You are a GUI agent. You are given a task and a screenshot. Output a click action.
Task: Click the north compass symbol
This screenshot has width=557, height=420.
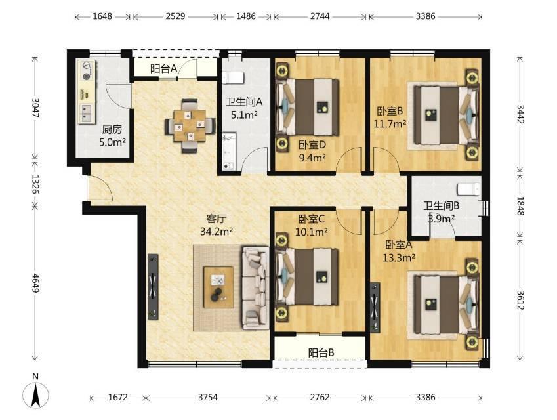click(x=35, y=391)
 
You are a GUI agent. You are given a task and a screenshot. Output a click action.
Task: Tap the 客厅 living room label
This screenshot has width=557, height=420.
click(x=217, y=219)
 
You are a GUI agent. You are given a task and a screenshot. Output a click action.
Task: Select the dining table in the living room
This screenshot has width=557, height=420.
click(x=190, y=126)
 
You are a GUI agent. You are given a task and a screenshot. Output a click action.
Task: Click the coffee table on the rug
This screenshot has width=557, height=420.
click(x=218, y=287)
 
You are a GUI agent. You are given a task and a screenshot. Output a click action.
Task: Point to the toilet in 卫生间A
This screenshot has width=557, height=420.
click(x=234, y=77)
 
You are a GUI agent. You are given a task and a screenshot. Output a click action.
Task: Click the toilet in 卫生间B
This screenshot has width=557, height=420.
click(x=468, y=190)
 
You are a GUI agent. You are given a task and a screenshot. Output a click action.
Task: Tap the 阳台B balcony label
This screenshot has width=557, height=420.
click(x=321, y=353)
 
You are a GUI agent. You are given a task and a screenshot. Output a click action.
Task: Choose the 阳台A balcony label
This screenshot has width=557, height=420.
click(x=163, y=69)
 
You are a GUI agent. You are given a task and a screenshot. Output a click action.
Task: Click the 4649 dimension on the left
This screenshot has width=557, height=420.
click(x=35, y=283)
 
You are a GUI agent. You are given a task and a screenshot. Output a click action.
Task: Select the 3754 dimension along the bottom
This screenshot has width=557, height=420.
click(x=207, y=397)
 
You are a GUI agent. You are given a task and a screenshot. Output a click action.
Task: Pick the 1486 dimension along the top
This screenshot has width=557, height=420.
click(x=246, y=16)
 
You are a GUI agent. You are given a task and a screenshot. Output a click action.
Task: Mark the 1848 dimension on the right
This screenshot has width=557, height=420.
click(x=520, y=206)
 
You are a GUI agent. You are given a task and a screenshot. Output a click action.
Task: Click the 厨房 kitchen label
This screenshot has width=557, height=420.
click(x=112, y=129)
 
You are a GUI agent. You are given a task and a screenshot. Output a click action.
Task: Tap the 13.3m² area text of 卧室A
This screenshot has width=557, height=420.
click(x=399, y=258)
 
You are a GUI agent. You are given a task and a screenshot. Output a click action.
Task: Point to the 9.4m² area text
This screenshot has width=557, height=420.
click(x=312, y=157)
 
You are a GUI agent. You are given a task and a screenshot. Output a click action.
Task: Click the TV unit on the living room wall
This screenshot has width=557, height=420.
click(x=153, y=287)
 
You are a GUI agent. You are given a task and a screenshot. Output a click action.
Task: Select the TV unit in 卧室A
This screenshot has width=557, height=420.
click(x=375, y=307)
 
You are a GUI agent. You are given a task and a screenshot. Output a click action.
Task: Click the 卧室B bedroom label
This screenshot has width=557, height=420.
click(x=390, y=111)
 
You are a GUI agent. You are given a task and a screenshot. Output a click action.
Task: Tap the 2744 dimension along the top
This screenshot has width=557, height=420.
click(x=320, y=16)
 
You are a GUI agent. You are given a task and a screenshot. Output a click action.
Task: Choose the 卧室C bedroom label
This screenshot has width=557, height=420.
click(x=312, y=219)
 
